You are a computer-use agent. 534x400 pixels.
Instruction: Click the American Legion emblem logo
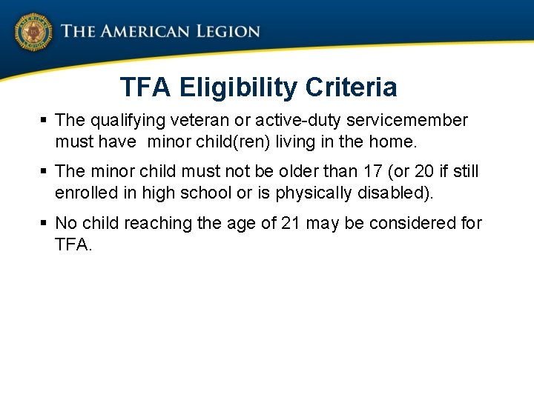point(33,33)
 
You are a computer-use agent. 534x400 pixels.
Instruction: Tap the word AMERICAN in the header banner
point(137,32)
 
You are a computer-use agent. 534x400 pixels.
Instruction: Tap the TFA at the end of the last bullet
point(71,244)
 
